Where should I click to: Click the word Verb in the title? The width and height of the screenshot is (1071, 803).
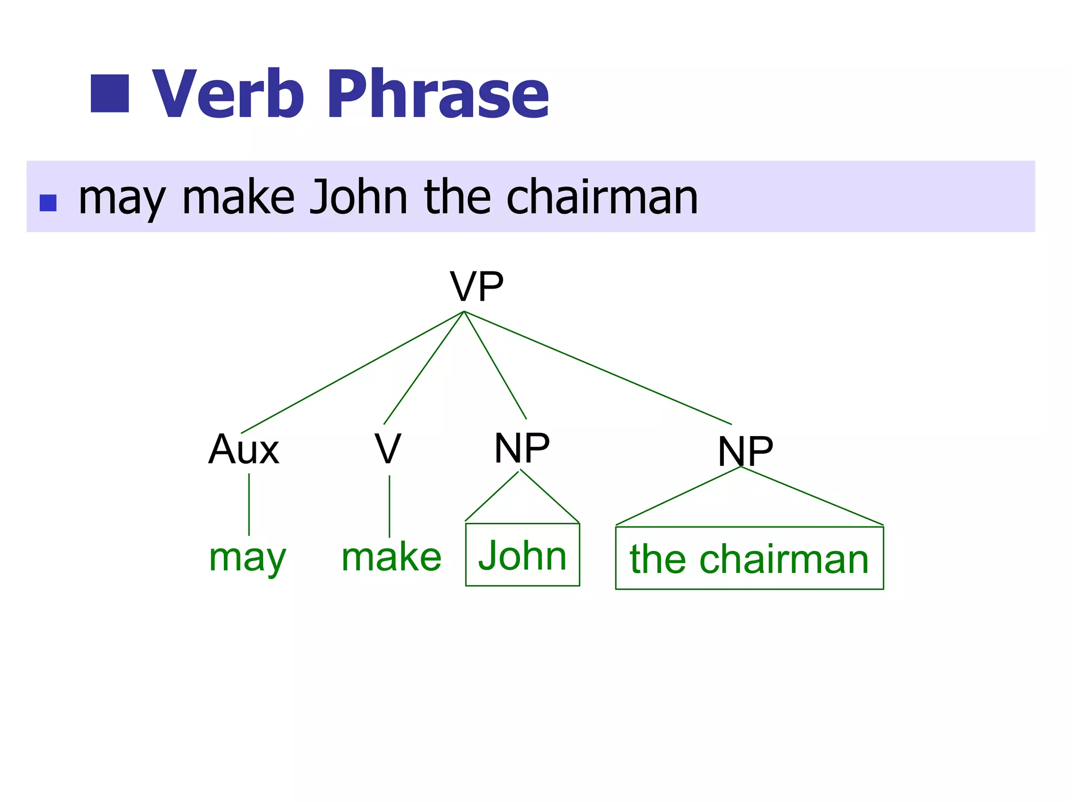(x=228, y=94)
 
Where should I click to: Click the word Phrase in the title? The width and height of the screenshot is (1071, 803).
(x=438, y=94)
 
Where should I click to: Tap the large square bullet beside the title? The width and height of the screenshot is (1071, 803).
(x=110, y=94)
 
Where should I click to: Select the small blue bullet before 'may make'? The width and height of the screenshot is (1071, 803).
(x=48, y=203)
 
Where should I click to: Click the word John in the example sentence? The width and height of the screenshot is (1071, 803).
(x=358, y=197)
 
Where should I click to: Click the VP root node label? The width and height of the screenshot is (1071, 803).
(x=476, y=286)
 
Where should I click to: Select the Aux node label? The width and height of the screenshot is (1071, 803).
(x=244, y=449)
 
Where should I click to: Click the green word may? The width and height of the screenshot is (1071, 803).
(x=247, y=558)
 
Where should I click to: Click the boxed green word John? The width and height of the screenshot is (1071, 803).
(x=522, y=555)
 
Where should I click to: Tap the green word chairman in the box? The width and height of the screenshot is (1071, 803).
(x=784, y=559)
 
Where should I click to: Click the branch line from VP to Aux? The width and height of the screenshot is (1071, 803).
(x=353, y=372)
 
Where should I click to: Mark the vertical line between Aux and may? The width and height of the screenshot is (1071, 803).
(x=249, y=504)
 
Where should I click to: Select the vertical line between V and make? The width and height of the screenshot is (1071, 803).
(x=390, y=506)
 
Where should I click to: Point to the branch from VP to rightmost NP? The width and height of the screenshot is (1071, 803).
(x=598, y=368)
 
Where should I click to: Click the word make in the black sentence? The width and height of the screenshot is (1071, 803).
(x=238, y=197)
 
